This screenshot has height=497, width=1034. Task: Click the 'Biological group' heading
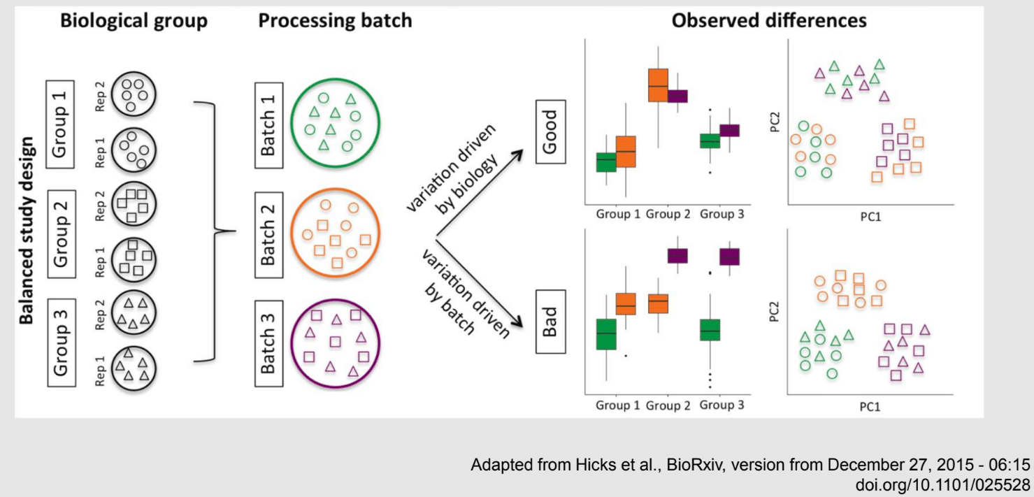coord(134,21)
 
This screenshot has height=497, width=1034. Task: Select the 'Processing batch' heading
coord(335,21)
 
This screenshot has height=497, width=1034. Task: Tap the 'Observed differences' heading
coord(769,20)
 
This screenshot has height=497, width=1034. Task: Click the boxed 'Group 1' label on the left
coord(60,124)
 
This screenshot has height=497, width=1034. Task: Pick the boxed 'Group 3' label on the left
coord(62,343)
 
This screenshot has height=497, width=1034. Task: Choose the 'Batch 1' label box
coord(268,126)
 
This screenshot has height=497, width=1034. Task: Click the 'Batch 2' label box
coord(268,235)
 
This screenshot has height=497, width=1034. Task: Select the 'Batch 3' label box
coord(268,344)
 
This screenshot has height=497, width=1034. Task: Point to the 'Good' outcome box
coord(551,132)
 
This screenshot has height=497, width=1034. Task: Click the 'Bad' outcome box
coord(551,322)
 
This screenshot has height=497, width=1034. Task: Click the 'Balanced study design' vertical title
coord(26,230)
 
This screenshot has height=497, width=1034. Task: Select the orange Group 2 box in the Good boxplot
coord(658,85)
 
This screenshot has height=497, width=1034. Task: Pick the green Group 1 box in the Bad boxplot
coord(606,334)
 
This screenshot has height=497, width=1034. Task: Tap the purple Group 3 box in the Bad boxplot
coord(729,257)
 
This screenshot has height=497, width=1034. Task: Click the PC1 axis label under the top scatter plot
coord(870,217)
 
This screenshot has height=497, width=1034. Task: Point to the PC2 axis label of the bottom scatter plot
coord(774,312)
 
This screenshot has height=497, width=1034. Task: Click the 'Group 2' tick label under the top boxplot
coord(668,214)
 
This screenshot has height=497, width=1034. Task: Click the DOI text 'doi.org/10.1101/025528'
coord(942,484)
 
